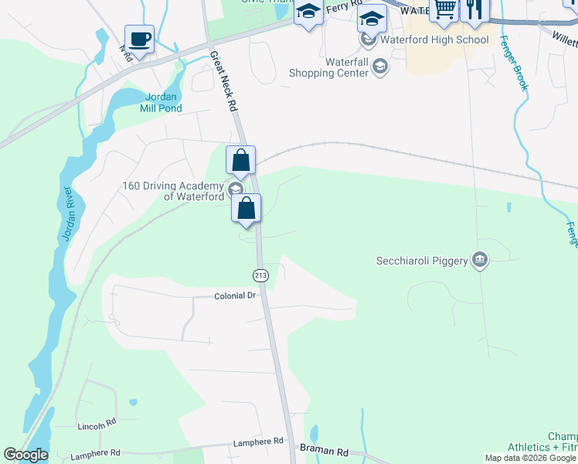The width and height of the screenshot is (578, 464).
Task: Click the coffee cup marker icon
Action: click(139, 39)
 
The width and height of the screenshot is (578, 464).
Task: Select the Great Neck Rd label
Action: click(223, 82)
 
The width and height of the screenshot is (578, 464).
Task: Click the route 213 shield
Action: click(260, 275)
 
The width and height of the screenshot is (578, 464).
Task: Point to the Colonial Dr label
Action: click(234, 295)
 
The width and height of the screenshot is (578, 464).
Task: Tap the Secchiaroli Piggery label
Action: click(422, 261)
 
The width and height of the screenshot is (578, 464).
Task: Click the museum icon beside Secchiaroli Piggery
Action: click(480, 259)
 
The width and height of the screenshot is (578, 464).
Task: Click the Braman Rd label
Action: click(324, 452)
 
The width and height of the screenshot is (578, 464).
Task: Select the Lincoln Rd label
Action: click(97, 425)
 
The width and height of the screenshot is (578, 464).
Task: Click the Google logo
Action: click(25, 455)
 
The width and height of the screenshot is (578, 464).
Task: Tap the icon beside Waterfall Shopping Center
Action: click(379, 67)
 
